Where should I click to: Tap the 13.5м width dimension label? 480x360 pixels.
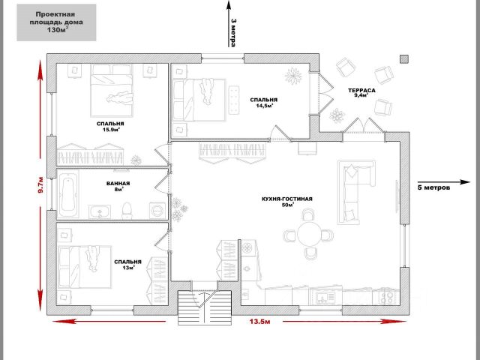tap(259, 323)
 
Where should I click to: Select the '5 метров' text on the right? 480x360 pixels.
tap(435, 188)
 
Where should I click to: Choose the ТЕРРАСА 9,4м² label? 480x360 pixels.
tap(361, 93)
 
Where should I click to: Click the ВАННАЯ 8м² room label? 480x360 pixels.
tap(118, 187)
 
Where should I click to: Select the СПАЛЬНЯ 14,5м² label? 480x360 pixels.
tap(263, 102)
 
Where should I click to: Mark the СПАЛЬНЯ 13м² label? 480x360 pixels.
tap(124, 264)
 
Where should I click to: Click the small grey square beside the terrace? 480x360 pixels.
tap(404, 58)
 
